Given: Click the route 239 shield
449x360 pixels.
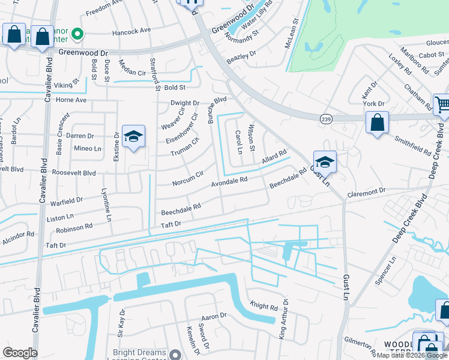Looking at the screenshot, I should tap(325, 118).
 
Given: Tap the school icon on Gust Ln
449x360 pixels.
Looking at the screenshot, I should tap(325, 162).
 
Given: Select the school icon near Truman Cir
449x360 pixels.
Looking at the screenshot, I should tap(133, 137).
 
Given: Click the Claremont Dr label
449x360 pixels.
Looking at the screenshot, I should tap(366, 191).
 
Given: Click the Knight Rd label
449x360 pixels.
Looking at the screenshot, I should tap(264, 307).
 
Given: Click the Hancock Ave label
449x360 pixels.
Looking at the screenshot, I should tap(131, 31).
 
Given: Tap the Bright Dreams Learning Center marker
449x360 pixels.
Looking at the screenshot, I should tap(175, 354).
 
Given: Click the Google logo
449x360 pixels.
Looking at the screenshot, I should tap(20, 353).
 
